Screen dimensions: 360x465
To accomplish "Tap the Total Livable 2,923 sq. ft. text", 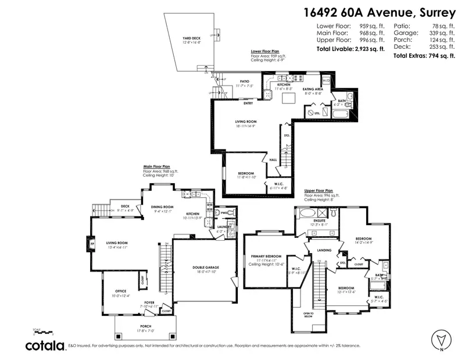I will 350,49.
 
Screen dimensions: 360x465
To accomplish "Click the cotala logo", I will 45,345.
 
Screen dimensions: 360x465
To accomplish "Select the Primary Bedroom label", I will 266,256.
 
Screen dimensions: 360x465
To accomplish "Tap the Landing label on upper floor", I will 324,250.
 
